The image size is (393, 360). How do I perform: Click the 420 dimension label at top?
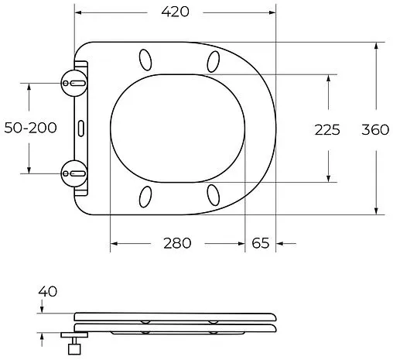point(175,12)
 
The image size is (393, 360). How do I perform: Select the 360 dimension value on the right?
point(375,129)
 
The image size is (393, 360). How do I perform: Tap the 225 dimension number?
point(327,129)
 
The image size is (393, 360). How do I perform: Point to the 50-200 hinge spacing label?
point(30,128)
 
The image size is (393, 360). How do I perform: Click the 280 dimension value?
point(176,243)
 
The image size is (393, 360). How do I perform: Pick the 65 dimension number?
point(260,243)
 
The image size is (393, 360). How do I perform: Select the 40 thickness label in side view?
point(49,291)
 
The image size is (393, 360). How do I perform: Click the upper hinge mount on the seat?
point(75,81)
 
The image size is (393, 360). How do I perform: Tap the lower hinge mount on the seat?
point(75,171)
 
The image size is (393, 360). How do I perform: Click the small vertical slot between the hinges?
point(80,126)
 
